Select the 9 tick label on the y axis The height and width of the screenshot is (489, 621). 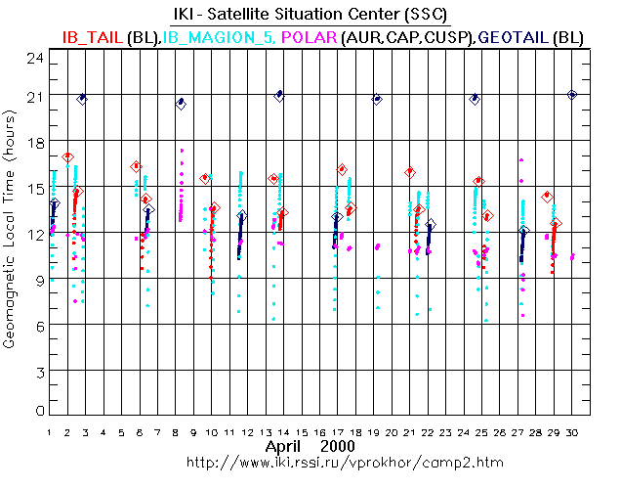pos(38,279)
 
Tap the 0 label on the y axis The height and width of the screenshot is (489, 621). pos(39,412)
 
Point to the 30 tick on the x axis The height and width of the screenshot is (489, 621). pos(572,430)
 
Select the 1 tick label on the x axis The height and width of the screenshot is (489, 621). pos(49,430)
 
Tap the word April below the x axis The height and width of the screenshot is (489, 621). pos(286,446)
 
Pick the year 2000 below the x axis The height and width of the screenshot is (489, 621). pos(337,446)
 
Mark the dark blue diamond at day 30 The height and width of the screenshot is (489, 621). pos(572,95)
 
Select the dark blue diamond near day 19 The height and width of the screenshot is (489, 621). pos(377,100)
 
